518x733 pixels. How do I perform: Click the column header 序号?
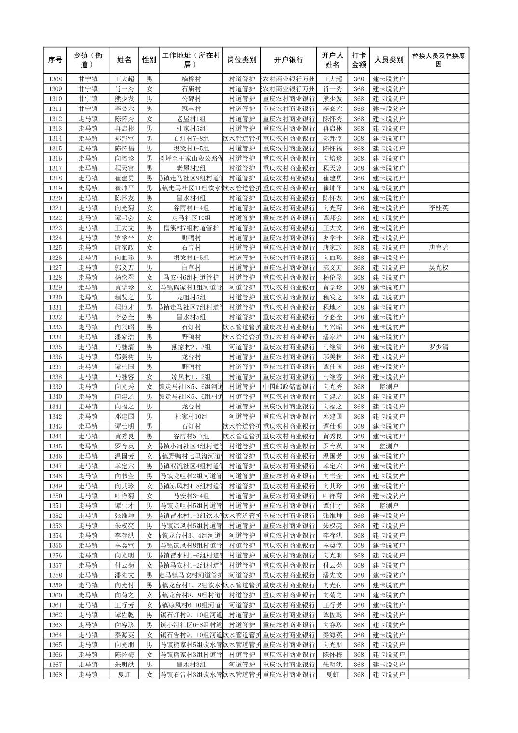(55, 60)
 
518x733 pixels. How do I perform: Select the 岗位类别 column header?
(242, 60)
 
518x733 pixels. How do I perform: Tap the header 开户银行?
(288, 60)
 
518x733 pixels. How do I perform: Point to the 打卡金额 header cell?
(358, 60)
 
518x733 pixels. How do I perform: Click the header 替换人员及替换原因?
(438, 60)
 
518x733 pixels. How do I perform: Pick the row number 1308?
(55, 79)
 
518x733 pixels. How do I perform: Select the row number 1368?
(55, 675)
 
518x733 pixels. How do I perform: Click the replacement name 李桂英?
(438, 208)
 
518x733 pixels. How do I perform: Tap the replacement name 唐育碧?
(438, 248)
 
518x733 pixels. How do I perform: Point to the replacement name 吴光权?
(438, 268)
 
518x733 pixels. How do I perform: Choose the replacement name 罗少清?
(438, 347)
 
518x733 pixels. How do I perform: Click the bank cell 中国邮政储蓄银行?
(288, 387)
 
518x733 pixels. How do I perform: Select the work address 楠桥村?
(191, 79)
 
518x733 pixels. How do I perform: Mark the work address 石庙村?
(191, 89)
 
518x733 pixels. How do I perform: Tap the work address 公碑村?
(191, 99)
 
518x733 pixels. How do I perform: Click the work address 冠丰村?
(191, 109)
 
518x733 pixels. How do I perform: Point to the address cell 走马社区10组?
(191, 218)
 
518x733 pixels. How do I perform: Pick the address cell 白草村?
(191, 268)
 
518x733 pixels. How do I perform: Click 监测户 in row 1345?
(389, 447)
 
